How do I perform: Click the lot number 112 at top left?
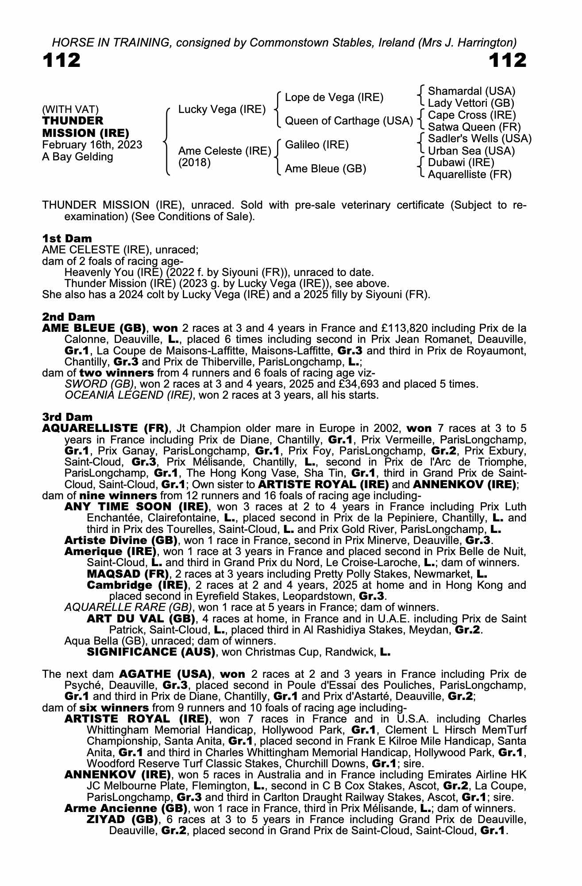62,60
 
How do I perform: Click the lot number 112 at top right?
507,60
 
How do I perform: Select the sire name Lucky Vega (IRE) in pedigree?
222,109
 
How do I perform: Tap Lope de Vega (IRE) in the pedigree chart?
334,97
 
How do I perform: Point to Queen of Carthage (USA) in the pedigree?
349,121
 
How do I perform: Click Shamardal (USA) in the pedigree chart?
471,91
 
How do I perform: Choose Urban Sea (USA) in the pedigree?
471,151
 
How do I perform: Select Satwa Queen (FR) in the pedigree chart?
474,127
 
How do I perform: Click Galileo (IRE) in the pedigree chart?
317,145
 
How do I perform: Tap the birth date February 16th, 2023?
92,145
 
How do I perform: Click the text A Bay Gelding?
77,157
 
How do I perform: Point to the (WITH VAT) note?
70,109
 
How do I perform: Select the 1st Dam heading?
67,238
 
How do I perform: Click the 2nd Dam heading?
69,317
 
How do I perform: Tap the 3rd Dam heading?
67,417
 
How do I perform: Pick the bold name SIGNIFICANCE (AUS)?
151,652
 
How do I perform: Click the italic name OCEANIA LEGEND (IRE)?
128,395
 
